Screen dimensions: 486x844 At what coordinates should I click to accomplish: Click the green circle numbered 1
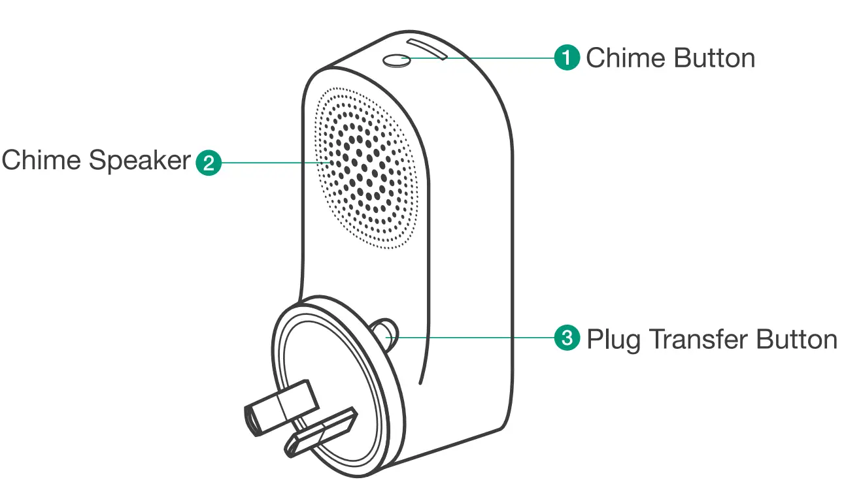coord(567,57)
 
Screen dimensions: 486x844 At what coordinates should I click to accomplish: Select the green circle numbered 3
coord(567,338)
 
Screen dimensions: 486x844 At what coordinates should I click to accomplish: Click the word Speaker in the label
coord(140,160)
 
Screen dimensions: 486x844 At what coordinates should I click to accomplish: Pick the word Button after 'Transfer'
coord(796,339)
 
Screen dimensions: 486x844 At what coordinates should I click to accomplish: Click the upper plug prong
coord(279,405)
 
